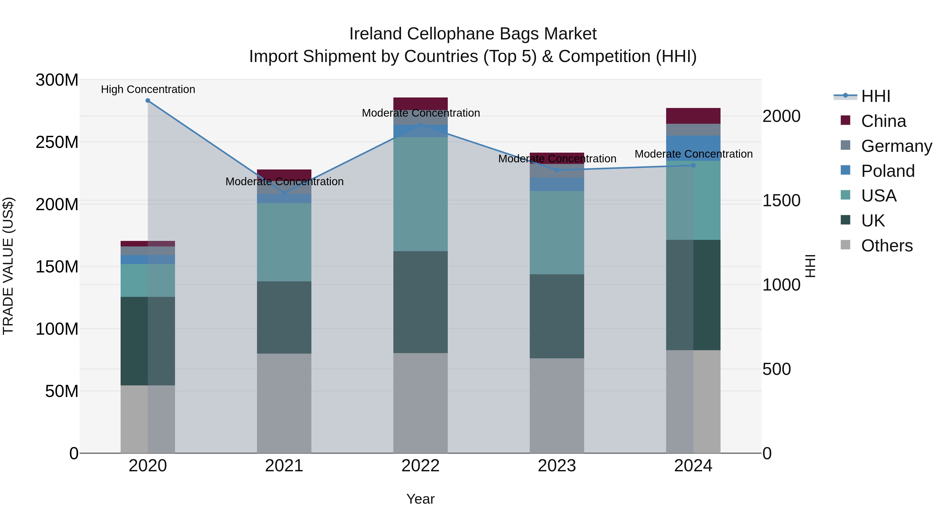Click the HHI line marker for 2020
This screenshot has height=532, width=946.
pyautogui.click(x=148, y=101)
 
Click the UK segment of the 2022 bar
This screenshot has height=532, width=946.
pyautogui.click(x=420, y=302)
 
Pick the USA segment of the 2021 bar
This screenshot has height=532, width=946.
pyautogui.click(x=284, y=242)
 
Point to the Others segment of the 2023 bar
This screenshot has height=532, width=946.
pyautogui.click(x=557, y=406)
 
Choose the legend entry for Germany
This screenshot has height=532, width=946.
pyautogui.click(x=896, y=146)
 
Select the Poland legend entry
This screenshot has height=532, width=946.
pyautogui.click(x=888, y=171)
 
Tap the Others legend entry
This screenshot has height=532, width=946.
pyautogui.click(x=887, y=246)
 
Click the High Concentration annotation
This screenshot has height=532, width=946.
pyautogui.click(x=148, y=89)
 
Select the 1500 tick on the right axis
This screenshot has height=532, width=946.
pyautogui.click(x=782, y=200)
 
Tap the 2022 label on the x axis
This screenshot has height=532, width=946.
pyautogui.click(x=420, y=466)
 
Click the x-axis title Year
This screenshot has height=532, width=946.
pyautogui.click(x=420, y=499)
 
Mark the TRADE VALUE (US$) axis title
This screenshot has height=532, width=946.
pyautogui.click(x=8, y=266)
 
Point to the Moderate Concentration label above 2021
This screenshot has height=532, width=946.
pyautogui.click(x=285, y=181)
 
